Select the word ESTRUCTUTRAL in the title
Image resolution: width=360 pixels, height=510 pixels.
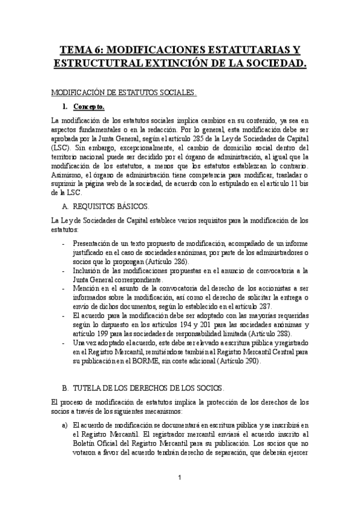click(96, 63)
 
